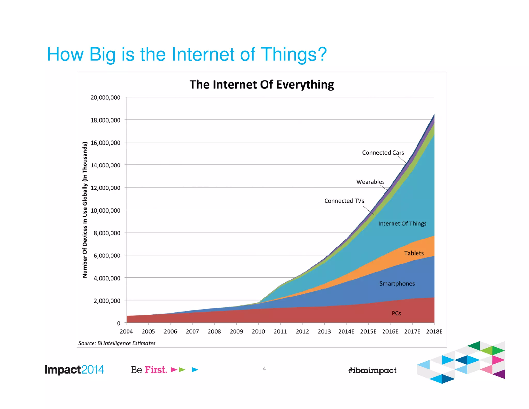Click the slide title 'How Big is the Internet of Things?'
click(186, 54)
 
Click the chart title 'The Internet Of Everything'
click(262, 85)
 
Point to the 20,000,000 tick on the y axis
click(105, 98)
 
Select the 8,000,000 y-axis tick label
click(107, 233)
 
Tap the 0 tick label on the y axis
click(119, 323)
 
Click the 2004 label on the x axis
click(126, 331)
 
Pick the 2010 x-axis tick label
click(258, 331)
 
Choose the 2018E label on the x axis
click(434, 331)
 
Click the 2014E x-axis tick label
click(346, 331)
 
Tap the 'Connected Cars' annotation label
click(383, 153)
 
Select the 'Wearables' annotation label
click(370, 182)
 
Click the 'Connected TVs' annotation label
click(344, 201)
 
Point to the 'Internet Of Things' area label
click(402, 224)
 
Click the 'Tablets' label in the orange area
click(414, 253)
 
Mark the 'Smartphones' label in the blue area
click(397, 284)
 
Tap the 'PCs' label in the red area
click(396, 313)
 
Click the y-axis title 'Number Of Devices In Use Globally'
click(85, 210)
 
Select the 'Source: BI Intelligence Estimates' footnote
click(117, 343)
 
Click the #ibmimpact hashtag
click(372, 370)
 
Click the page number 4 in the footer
click(264, 368)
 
